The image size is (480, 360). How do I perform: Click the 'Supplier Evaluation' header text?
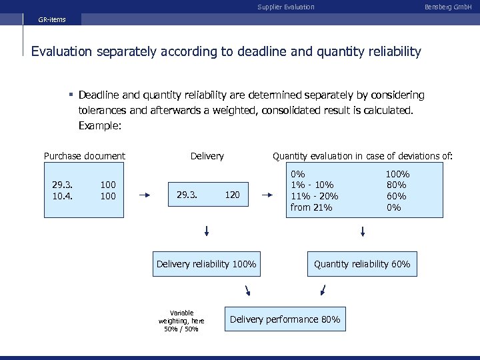(286, 7)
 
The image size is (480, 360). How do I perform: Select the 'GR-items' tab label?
(52, 20)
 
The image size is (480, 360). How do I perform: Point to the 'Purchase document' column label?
(85, 156)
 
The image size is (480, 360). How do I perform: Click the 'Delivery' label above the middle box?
(207, 156)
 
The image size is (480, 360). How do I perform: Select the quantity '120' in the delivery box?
(233, 195)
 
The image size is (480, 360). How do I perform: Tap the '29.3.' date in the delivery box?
(187, 195)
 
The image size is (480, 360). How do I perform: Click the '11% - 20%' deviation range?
(314, 196)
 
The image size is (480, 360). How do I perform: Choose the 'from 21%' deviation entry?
(311, 207)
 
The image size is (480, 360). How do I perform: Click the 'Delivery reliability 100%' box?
(206, 264)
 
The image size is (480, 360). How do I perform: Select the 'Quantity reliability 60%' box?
(362, 264)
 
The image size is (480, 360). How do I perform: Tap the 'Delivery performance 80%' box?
(285, 319)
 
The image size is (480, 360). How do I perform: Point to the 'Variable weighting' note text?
(181, 320)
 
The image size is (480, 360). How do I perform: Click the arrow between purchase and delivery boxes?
(144, 196)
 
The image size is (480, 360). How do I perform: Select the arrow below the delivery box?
(207, 231)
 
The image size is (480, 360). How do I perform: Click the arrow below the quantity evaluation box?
(363, 231)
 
